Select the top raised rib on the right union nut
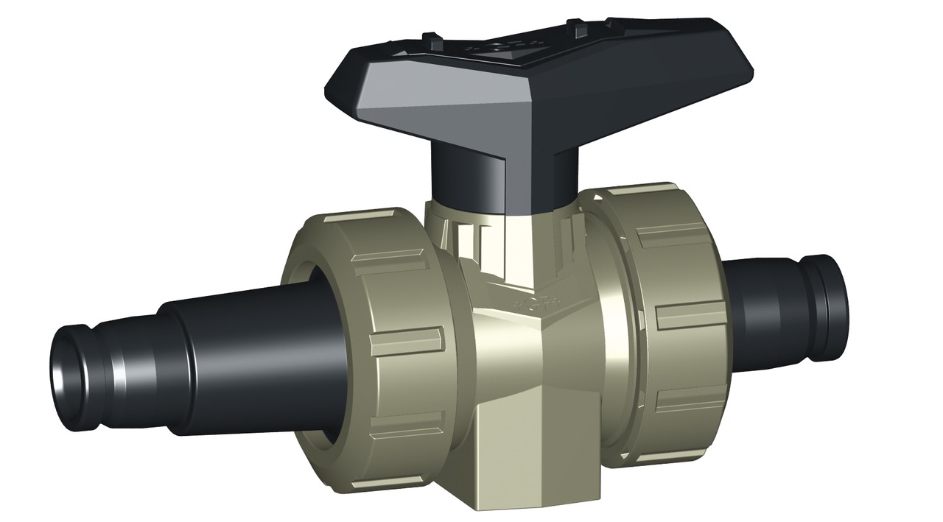point(670,236)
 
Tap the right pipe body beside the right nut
point(766,302)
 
